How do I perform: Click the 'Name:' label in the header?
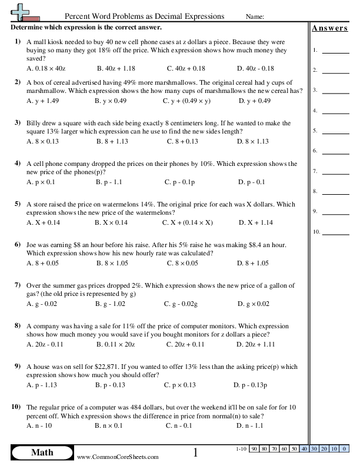(x=254, y=16)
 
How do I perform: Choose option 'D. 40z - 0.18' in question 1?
(x=256, y=68)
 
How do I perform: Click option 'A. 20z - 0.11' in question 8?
(x=45, y=344)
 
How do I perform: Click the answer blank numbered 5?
(x=335, y=131)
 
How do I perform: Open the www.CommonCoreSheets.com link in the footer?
(x=118, y=457)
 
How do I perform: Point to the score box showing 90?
(x=255, y=449)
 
